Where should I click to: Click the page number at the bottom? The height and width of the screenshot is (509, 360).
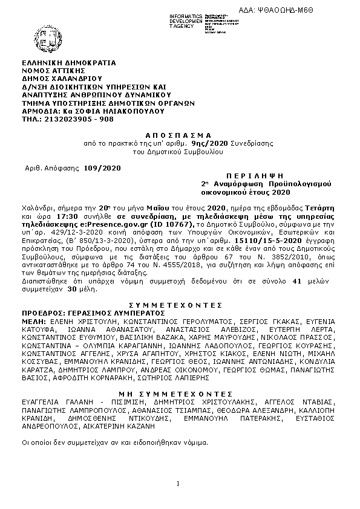pyautogui.click(x=179, y=482)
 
